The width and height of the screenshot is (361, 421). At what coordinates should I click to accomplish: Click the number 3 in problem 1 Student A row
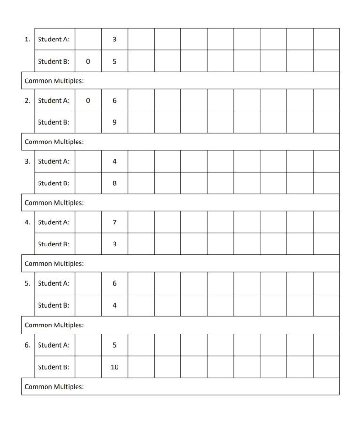pos(115,39)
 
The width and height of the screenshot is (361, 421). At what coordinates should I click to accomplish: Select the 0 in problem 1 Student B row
pos(88,61)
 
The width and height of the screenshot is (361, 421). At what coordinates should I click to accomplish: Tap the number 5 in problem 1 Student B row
pos(115,61)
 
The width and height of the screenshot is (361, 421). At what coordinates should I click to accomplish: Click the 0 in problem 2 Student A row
pos(88,100)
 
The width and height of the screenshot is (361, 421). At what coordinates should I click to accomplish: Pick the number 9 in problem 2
pos(115,122)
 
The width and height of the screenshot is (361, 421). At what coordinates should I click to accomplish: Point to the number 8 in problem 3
pos(115,183)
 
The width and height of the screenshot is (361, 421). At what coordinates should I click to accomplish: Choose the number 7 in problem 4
pos(115,222)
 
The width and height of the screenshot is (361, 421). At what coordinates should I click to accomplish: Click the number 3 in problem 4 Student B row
pos(115,244)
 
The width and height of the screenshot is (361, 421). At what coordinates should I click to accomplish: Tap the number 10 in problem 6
pos(115,367)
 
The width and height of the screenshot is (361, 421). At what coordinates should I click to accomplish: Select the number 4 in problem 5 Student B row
pos(115,305)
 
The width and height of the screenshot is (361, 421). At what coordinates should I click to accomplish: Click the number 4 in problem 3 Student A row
pos(115,161)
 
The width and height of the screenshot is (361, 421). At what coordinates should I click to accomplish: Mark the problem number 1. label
pos(27,39)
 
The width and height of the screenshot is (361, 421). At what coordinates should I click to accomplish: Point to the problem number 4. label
pos(27,222)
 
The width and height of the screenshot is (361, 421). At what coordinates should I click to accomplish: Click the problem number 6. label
pos(27,345)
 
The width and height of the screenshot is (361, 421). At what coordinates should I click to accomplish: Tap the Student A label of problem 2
pos(54,100)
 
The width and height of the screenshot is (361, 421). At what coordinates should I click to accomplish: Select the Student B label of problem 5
pos(54,305)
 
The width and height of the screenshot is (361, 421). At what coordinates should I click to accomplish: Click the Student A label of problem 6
pos(54,345)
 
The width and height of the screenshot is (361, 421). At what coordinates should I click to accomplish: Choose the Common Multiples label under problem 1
pos(54,81)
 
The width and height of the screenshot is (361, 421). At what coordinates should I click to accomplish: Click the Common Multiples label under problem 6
pos(54,387)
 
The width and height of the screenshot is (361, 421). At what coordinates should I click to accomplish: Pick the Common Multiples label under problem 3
pos(54,203)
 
